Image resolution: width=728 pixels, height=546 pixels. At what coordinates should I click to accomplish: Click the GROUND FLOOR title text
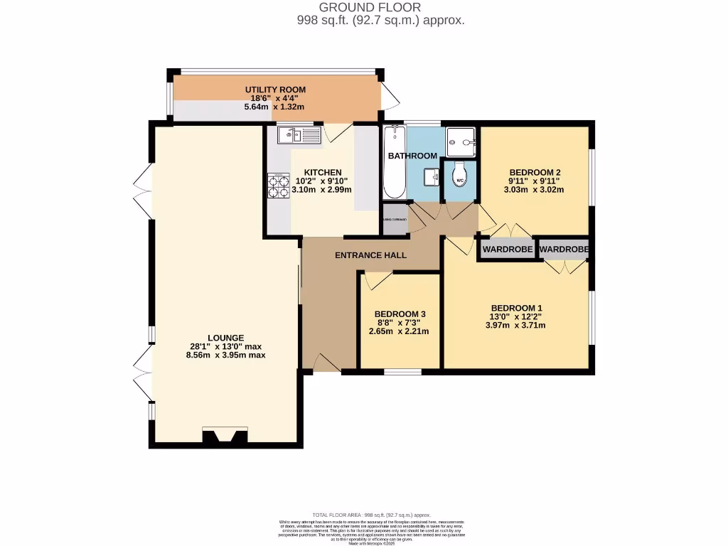tap(380, 7)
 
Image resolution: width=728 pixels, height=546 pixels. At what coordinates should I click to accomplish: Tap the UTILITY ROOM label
tap(275, 89)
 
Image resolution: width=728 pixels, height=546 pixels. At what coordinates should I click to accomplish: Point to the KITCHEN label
tap(323, 173)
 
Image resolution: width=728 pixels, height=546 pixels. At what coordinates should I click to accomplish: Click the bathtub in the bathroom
tap(392, 163)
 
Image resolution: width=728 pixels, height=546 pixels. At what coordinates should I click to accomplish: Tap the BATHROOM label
tap(412, 156)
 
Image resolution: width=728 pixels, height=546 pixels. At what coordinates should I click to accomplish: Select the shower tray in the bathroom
tap(461, 141)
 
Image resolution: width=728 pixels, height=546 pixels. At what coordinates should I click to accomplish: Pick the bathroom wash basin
tap(430, 176)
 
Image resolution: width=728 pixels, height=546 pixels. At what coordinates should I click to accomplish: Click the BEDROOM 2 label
tap(535, 172)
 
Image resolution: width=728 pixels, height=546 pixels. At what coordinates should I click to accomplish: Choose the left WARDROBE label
tap(508, 250)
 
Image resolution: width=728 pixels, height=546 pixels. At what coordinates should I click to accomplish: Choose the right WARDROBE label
tap(564, 250)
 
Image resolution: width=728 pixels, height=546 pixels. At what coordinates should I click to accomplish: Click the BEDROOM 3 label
tap(400, 314)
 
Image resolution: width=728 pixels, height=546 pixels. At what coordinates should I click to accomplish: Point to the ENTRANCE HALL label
tap(370, 255)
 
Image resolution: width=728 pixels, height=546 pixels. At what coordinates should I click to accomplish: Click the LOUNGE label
tap(226, 338)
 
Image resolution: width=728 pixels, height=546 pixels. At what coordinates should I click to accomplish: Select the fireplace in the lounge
tap(225, 435)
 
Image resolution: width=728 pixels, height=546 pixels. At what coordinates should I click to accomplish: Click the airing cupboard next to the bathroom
tap(395, 219)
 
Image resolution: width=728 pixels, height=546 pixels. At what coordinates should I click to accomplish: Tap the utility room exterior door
tap(390, 95)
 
